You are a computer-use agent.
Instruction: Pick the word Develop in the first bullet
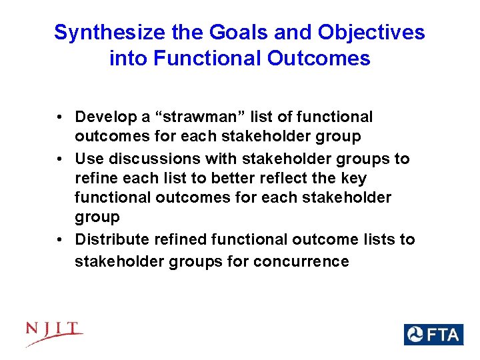(103, 117)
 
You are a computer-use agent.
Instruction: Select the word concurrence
(301, 261)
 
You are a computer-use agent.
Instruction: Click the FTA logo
(433, 334)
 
